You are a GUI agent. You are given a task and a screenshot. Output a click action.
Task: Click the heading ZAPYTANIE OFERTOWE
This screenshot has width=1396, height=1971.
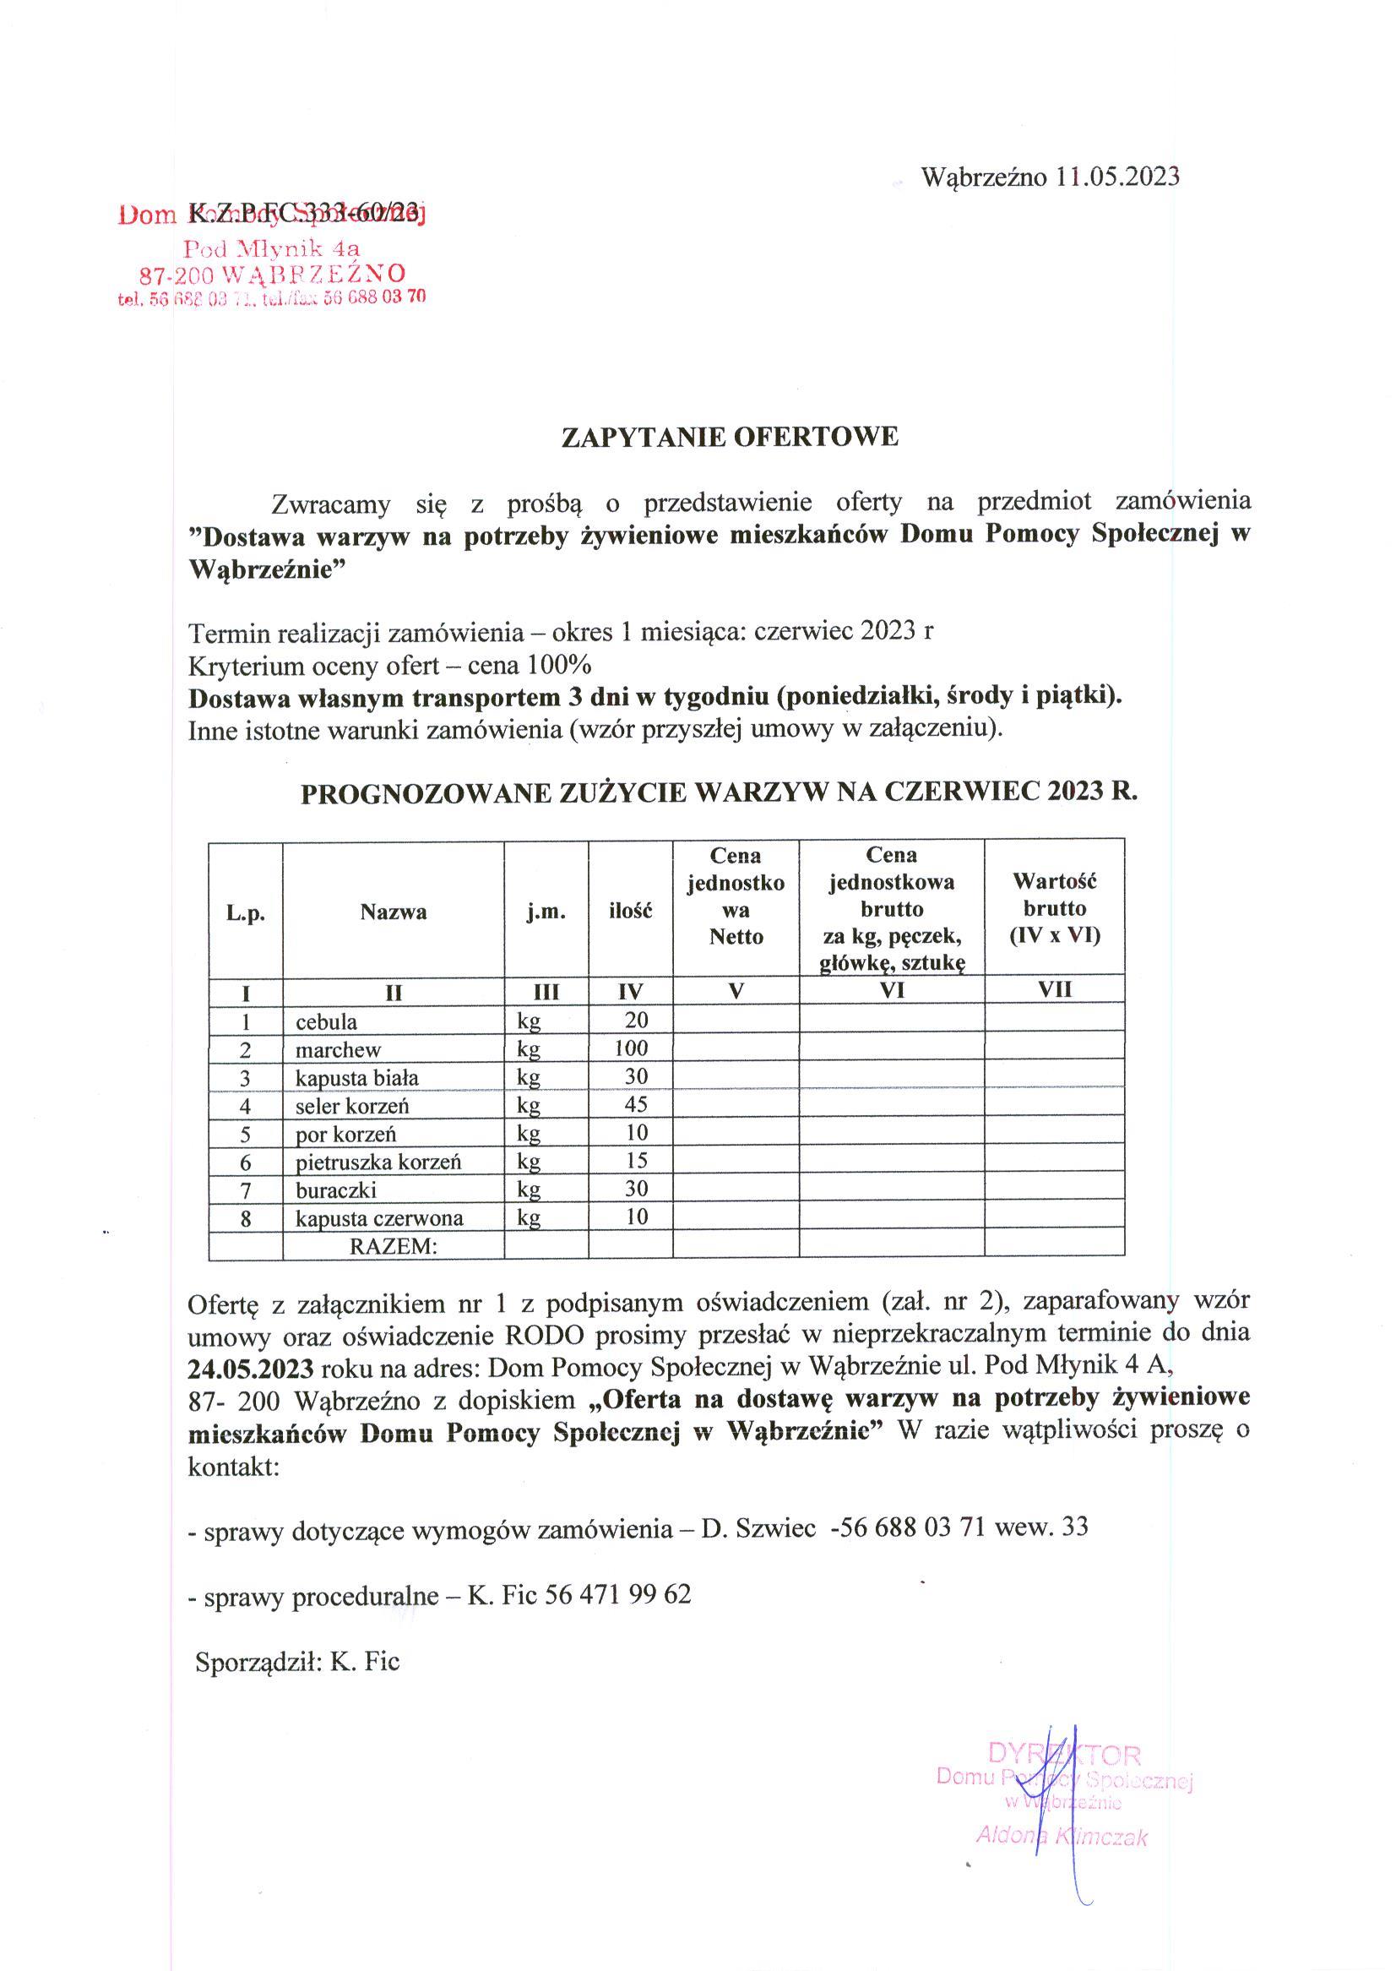click(730, 437)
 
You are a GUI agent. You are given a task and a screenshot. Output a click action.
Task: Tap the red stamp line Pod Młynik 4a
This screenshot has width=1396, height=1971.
click(273, 249)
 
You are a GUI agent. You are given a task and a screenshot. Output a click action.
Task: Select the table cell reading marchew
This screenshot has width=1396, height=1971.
click(338, 1050)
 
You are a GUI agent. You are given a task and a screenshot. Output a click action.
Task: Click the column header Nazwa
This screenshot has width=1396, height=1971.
click(393, 912)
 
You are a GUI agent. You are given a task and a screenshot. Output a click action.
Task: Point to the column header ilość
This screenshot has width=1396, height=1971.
click(630, 911)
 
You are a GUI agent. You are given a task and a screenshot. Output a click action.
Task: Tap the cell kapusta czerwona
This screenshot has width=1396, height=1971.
click(379, 1218)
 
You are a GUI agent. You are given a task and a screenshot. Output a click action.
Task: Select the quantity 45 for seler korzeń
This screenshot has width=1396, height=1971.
click(636, 1105)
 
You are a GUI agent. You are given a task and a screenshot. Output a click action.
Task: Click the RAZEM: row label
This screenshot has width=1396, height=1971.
click(393, 1246)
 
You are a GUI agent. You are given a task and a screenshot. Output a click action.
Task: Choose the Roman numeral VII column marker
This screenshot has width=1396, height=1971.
click(1054, 990)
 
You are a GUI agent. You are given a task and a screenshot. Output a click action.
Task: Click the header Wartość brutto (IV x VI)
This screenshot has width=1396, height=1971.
click(1054, 908)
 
